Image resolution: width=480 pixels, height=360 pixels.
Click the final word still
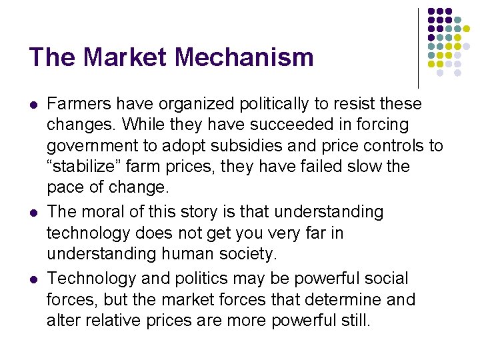tap(353, 320)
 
